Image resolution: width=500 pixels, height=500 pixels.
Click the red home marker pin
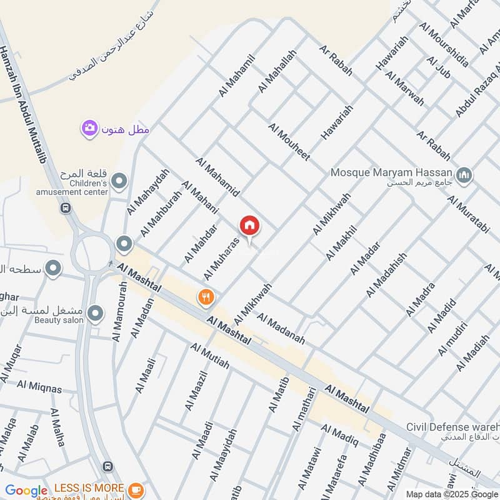click(249, 226)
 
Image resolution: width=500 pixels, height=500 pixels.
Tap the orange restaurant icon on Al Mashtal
click(206, 297)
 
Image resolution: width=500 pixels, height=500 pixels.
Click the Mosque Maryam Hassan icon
click(463, 176)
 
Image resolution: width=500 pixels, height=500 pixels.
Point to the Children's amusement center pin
click(119, 182)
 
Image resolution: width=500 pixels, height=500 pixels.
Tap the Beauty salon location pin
click(95, 312)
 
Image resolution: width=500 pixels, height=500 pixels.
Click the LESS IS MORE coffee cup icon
click(136, 489)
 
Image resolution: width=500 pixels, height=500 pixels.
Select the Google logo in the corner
click(26, 491)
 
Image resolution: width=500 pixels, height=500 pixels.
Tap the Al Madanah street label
click(280, 329)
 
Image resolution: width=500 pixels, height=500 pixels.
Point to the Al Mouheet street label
click(289, 142)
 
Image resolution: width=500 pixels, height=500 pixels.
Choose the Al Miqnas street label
click(39, 387)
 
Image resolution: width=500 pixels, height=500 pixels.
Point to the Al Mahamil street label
click(237, 75)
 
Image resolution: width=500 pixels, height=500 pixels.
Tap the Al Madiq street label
click(339, 435)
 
